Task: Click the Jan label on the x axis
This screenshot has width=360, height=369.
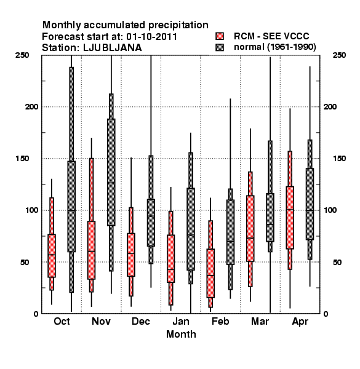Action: click(x=180, y=322)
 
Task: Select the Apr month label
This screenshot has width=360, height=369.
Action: click(x=300, y=322)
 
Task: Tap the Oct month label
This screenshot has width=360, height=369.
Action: click(x=62, y=322)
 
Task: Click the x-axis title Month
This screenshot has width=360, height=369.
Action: click(x=181, y=335)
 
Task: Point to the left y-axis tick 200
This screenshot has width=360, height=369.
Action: click(x=31, y=107)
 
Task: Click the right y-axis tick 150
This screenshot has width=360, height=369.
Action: click(x=339, y=159)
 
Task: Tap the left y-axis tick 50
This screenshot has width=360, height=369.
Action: click(x=25, y=262)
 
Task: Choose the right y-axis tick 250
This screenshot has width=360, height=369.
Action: click(x=339, y=55)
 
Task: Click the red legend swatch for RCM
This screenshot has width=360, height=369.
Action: click(x=220, y=36)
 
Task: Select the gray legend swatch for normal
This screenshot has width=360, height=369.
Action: click(x=220, y=47)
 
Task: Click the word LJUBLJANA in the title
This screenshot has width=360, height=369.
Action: click(x=113, y=48)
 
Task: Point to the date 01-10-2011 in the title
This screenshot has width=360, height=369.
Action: click(x=151, y=37)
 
